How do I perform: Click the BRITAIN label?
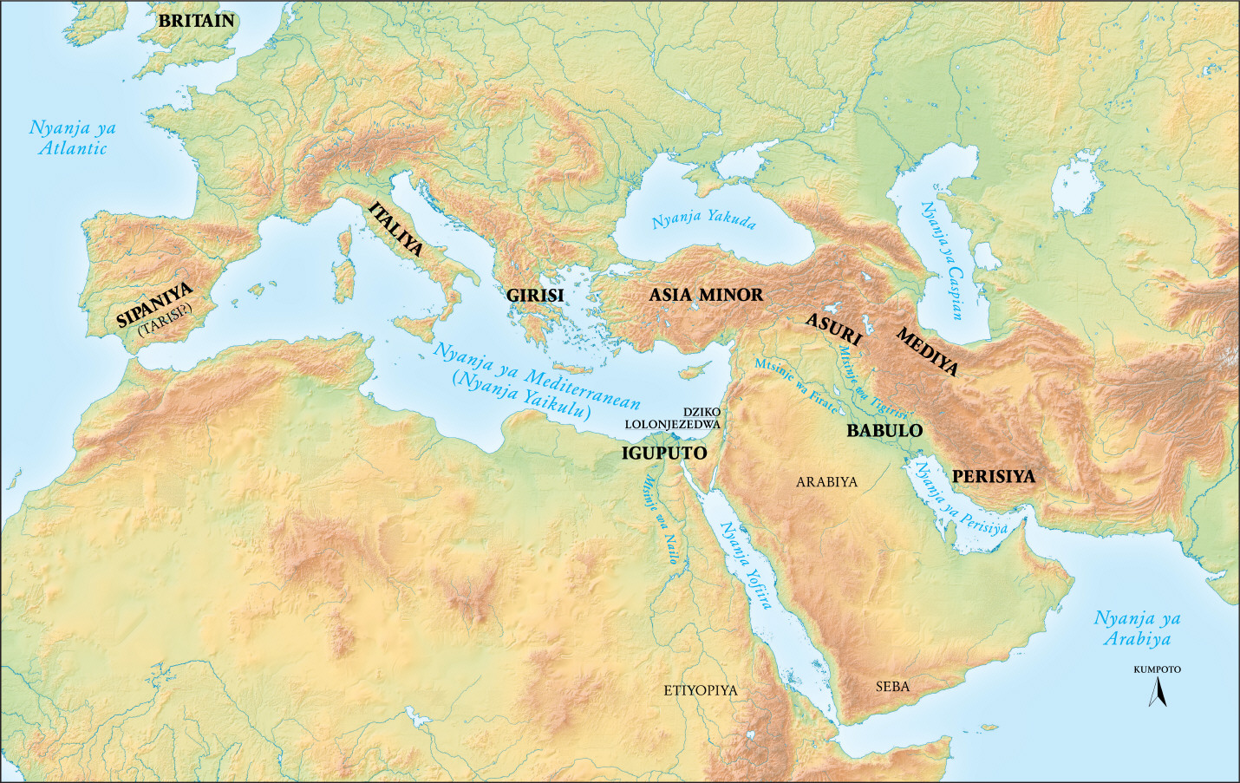click(x=196, y=21)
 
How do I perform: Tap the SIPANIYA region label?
click(x=154, y=304)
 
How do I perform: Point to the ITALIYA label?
click(x=396, y=229)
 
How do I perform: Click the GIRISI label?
click(x=535, y=296)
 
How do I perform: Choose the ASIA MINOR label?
click(x=706, y=295)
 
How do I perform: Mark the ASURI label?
click(x=833, y=330)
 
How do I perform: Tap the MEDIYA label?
click(x=927, y=351)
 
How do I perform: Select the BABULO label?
click(x=884, y=430)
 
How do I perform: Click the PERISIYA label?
click(x=993, y=477)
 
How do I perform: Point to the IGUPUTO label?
click(x=664, y=453)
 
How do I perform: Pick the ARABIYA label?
click(x=826, y=482)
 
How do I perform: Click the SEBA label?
click(x=892, y=687)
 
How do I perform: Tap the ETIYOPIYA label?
click(x=700, y=690)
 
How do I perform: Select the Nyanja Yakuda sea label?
click(x=703, y=219)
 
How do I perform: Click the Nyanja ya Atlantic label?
click(x=73, y=138)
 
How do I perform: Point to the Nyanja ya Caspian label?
click(x=941, y=260)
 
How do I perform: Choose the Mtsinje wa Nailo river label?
click(x=660, y=520)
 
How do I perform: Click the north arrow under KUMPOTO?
click(x=1157, y=692)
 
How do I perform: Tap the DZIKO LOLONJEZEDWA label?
click(x=672, y=418)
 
